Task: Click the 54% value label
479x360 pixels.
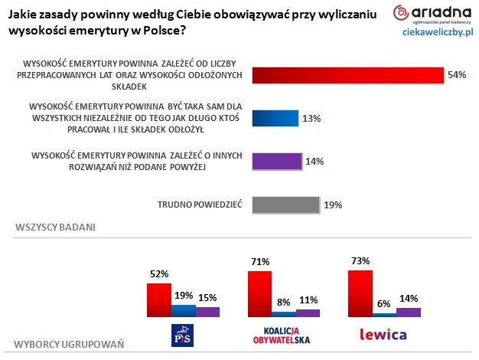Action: click(457, 75)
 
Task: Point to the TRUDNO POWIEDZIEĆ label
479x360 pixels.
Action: click(200, 205)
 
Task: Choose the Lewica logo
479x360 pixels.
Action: click(383, 335)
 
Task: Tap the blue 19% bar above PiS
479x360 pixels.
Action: click(184, 310)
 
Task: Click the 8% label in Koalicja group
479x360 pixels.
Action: click(283, 302)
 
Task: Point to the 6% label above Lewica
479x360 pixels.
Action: click(383, 303)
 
